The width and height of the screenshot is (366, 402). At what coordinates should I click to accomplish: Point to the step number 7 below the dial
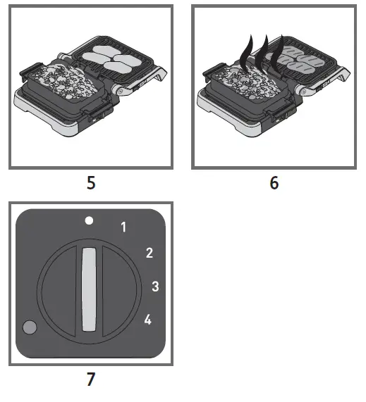(x=90, y=379)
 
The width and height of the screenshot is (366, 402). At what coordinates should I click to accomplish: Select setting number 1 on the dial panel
(x=124, y=227)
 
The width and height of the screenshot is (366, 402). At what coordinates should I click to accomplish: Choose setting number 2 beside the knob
(x=149, y=253)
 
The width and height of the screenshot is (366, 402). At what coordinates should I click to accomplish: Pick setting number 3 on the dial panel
(x=155, y=286)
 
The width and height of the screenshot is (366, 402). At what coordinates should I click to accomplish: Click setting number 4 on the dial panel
(x=147, y=320)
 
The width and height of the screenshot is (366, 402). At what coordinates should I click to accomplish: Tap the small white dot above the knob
(x=89, y=220)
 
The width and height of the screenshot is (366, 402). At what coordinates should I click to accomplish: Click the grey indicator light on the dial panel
(x=30, y=327)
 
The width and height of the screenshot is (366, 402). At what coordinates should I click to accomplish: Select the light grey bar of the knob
(x=90, y=289)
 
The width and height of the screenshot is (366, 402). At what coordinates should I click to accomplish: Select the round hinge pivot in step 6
(x=305, y=90)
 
